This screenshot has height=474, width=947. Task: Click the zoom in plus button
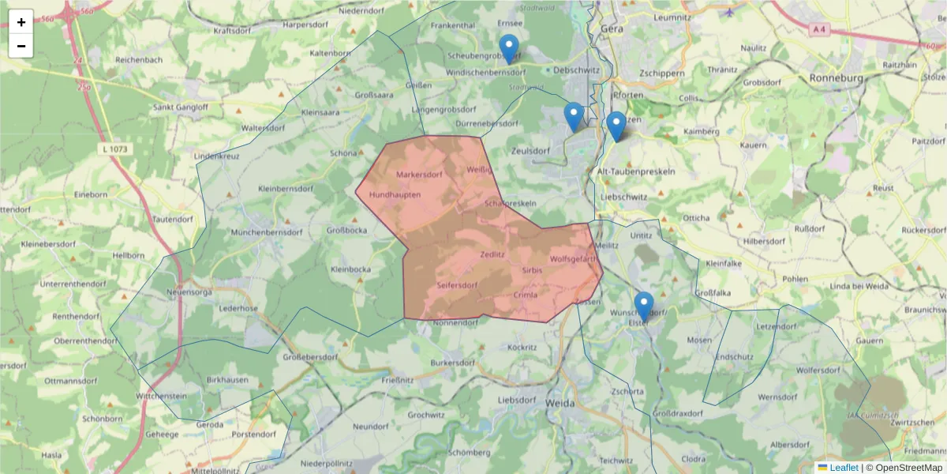pyautogui.click(x=21, y=22)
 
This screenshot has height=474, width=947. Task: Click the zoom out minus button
pyautogui.click(x=21, y=46)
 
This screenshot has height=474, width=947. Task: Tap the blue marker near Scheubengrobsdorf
pyautogui.click(x=509, y=48)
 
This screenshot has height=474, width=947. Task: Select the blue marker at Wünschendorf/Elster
pyautogui.click(x=644, y=306)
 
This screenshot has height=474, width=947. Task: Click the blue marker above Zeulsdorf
pyautogui.click(x=575, y=116)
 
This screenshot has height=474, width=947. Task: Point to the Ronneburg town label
pyautogui.click(x=838, y=78)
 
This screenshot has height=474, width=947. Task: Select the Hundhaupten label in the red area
pyautogui.click(x=395, y=194)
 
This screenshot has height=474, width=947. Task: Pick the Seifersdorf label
pyautogui.click(x=457, y=284)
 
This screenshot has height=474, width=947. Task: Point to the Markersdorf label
pyautogui.click(x=419, y=174)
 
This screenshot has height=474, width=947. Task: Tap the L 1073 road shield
pyautogui.click(x=115, y=149)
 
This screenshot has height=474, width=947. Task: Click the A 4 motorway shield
pyautogui.click(x=820, y=29)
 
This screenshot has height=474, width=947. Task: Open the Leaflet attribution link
pyautogui.click(x=844, y=468)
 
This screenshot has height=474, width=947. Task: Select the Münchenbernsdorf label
pyautogui.click(x=266, y=233)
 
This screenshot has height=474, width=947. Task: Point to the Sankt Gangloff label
pyautogui.click(x=180, y=107)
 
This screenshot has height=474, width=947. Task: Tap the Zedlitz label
pyautogui.click(x=492, y=254)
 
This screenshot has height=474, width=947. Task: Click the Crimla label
pyautogui.click(x=525, y=295)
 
